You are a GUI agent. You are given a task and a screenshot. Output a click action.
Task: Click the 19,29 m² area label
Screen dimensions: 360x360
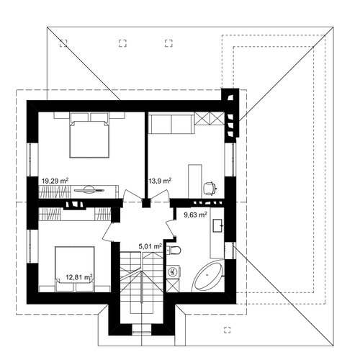(55, 181)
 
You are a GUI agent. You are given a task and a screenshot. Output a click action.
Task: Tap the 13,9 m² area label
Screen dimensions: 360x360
(160, 181)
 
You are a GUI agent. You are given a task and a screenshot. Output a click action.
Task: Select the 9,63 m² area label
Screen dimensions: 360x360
(195, 215)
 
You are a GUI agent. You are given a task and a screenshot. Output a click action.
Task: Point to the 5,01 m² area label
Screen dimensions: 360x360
(150, 246)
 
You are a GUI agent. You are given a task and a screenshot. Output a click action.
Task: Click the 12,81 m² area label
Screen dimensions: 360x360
(79, 277)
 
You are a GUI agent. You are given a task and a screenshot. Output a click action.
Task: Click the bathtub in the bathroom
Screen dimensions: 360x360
(208, 276)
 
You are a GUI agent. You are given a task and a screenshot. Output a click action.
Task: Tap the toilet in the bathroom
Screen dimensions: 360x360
(174, 251)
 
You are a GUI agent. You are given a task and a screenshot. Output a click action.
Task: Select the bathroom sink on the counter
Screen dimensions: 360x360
(218, 225)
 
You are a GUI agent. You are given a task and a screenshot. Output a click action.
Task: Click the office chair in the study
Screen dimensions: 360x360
(210, 189)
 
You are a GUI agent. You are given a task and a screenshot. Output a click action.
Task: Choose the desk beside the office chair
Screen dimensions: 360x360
(194, 181)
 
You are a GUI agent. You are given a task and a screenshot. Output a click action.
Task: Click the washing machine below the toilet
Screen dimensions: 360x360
(173, 272)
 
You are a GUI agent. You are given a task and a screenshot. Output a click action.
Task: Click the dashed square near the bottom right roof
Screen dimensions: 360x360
(228, 330)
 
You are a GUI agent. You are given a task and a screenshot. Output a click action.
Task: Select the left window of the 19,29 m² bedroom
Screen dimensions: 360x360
(30, 160)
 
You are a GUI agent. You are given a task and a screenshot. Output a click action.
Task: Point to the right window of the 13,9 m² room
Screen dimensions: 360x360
(233, 160)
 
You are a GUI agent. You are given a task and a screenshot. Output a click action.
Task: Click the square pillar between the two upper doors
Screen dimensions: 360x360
(145, 203)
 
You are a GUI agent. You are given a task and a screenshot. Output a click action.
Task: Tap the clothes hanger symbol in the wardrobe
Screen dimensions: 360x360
(89, 189)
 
